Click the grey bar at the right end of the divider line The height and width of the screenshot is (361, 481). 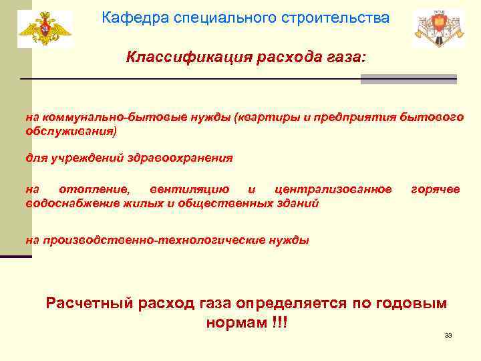(408, 80)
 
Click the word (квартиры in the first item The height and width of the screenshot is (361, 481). (263, 117)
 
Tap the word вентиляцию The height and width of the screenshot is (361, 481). (190, 189)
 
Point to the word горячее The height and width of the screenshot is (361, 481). (435, 189)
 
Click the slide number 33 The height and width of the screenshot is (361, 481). (448, 335)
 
